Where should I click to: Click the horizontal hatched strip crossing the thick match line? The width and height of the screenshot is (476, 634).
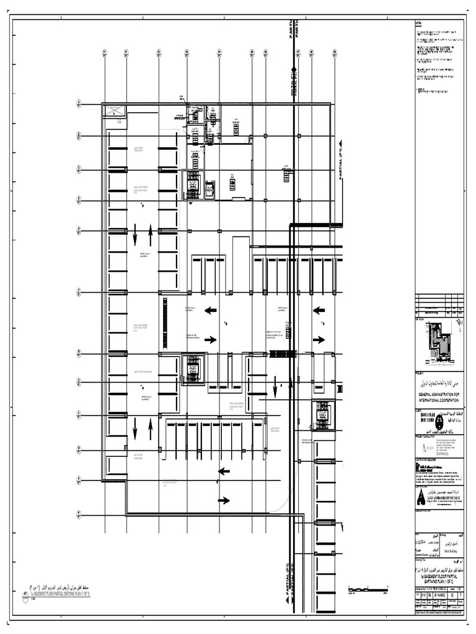pos(282,354)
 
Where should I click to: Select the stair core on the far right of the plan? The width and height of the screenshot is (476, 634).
pos(322,415)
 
